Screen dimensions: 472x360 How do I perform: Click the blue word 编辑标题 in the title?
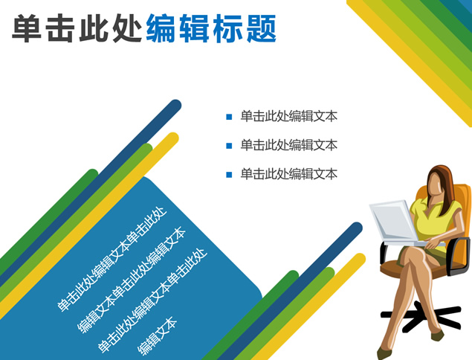(211, 28)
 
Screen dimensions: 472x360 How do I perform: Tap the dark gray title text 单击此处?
(77, 28)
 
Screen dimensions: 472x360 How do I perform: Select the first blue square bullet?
(229, 117)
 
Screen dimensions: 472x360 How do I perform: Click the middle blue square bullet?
(229, 146)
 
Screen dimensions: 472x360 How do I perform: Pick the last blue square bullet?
(229, 175)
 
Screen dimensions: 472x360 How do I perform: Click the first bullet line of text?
(288, 116)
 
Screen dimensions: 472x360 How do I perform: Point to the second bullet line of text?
(288, 145)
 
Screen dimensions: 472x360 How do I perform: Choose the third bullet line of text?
(288, 174)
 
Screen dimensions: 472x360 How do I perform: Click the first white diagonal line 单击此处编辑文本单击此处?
(112, 259)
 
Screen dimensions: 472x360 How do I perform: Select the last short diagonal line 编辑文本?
(157, 336)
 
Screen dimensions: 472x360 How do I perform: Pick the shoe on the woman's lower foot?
(383, 353)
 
